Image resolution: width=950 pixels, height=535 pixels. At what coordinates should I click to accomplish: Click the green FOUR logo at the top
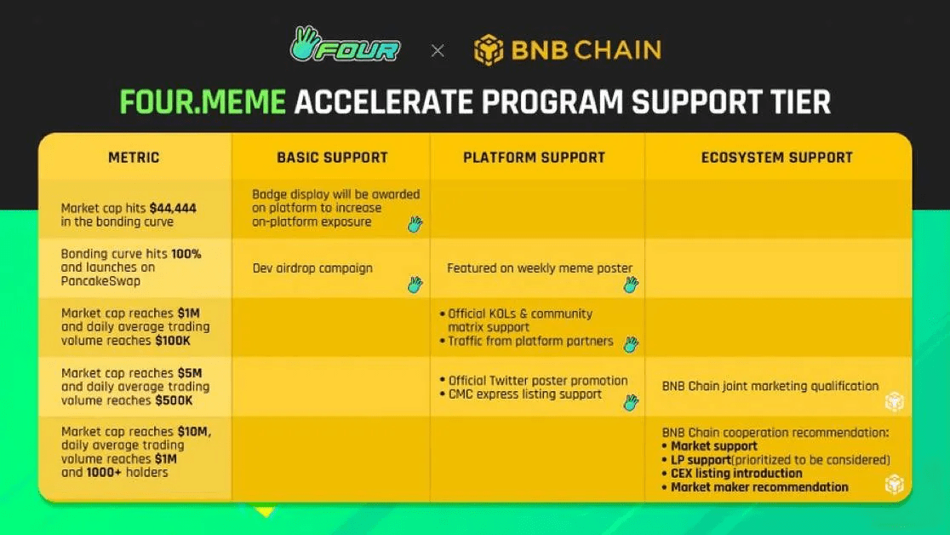(345, 44)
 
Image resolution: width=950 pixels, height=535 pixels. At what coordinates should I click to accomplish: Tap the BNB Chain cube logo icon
(489, 49)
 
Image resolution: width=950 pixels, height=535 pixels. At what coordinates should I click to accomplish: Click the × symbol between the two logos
(438, 51)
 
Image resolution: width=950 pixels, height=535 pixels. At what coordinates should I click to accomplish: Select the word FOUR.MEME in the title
(203, 102)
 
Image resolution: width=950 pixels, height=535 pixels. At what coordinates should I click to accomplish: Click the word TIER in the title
(800, 102)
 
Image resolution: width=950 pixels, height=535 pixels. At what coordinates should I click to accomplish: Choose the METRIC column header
(134, 158)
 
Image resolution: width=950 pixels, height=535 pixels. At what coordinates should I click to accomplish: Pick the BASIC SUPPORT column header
(332, 158)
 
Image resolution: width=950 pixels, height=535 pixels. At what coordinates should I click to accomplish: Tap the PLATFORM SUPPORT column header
(534, 158)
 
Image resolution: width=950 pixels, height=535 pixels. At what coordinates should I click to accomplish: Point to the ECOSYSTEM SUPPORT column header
(776, 158)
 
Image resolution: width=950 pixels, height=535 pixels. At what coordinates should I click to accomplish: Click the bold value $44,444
(173, 208)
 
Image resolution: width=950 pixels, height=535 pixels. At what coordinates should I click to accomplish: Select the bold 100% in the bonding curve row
(186, 254)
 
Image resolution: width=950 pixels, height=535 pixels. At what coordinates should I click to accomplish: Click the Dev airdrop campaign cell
(312, 268)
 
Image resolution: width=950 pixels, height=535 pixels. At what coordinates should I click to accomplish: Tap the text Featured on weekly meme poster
(540, 268)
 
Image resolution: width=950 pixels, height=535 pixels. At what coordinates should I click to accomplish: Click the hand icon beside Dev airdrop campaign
(415, 284)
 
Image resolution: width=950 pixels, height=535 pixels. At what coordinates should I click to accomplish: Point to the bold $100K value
(173, 340)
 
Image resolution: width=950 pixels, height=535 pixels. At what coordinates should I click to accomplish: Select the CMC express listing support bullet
(521, 394)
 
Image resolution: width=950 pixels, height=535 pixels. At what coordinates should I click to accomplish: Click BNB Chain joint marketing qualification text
(770, 386)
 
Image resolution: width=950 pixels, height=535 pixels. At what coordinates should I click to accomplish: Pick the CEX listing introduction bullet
(732, 473)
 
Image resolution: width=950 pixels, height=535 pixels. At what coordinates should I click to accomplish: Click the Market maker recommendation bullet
(755, 487)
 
